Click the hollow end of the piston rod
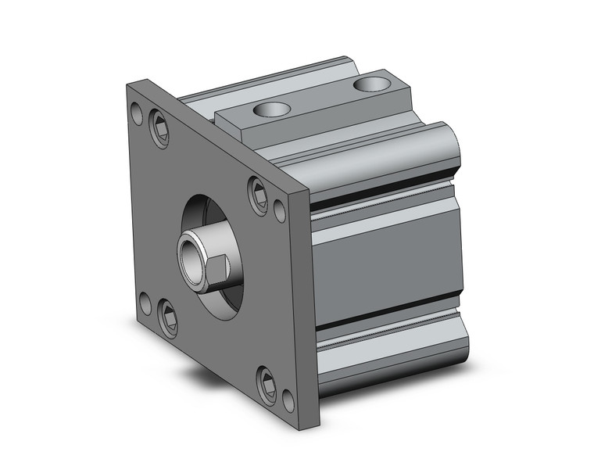(x=190, y=255)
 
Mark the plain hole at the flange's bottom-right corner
(x=288, y=400)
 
